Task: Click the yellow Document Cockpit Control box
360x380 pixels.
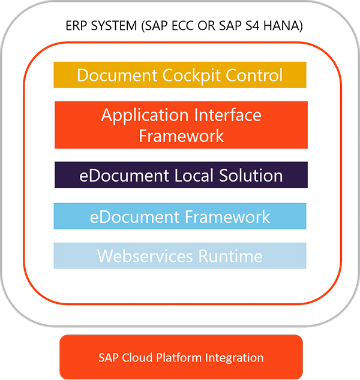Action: point(180,75)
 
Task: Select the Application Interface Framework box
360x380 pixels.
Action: point(181,125)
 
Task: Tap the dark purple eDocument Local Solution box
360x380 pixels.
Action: point(181,175)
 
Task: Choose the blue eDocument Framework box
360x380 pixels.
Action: point(180,216)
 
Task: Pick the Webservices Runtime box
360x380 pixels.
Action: point(180,256)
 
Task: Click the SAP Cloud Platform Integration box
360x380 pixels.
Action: point(181,357)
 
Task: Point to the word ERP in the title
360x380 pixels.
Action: point(76,26)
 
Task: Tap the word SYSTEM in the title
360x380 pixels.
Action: point(114,26)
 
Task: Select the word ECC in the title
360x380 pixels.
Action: point(183,26)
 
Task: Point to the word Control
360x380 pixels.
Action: point(254,75)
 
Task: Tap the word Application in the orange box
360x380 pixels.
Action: point(145,116)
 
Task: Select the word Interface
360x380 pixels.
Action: point(227,115)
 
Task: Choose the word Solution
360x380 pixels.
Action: point(251,175)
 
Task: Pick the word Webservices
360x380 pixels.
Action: point(145,256)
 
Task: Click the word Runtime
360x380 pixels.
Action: point(230,256)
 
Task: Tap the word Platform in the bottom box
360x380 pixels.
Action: point(179,357)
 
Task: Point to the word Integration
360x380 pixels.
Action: point(235,358)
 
